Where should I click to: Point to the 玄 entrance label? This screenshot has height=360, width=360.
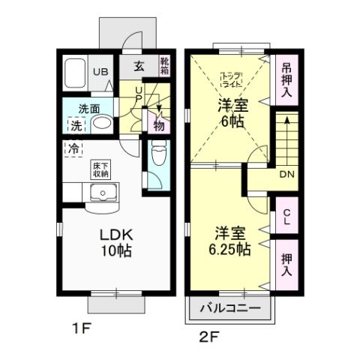140,65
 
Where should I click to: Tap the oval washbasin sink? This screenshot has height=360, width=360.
103,124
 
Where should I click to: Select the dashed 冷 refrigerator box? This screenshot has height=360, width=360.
74,148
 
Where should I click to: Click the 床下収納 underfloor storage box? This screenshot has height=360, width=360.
100,169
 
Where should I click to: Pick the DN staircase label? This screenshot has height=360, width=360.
286,175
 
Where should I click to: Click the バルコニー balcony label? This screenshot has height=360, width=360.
230,308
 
